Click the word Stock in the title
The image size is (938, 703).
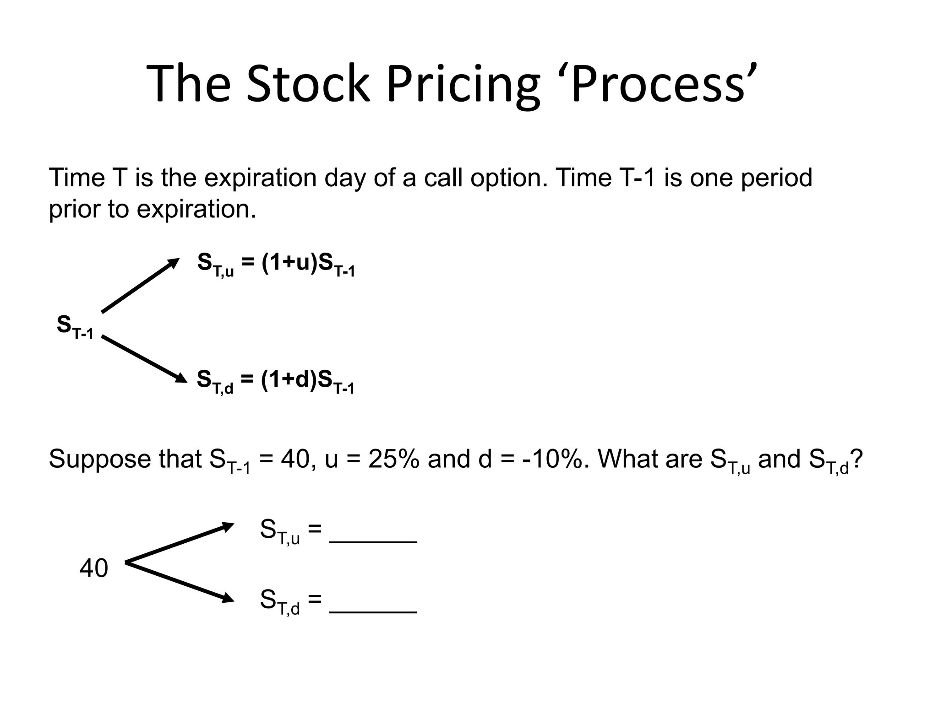pyautogui.click(x=308, y=85)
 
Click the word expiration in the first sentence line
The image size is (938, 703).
pyautogui.click(x=260, y=178)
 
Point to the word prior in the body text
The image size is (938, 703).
pyautogui.click(x=74, y=210)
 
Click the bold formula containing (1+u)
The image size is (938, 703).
pyautogui.click(x=276, y=264)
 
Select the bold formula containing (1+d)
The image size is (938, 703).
pyautogui.click(x=276, y=381)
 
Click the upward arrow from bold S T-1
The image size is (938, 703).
pyautogui.click(x=140, y=286)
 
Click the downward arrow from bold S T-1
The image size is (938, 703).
pyautogui.click(x=144, y=359)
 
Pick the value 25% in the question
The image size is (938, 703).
pyautogui.click(x=393, y=459)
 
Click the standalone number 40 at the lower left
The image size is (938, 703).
pyautogui.click(x=94, y=568)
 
